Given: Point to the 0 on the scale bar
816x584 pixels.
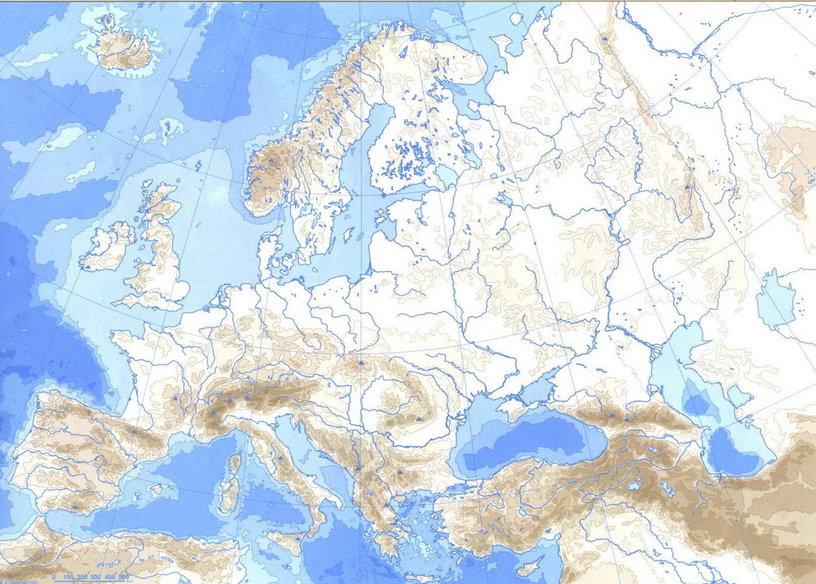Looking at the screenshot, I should (x=54, y=577).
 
